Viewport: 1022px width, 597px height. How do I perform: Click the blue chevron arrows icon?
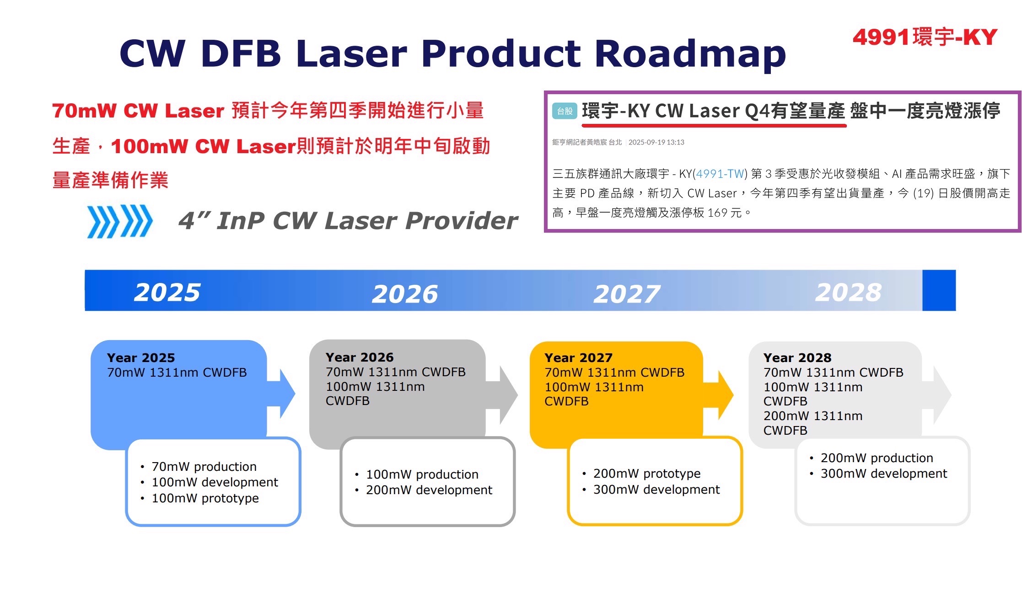pos(120,221)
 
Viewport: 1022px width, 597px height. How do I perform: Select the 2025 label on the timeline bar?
pos(167,292)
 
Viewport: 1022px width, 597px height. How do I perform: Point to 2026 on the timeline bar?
pos(405,293)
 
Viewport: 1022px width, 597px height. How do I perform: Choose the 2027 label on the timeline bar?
pos(627,293)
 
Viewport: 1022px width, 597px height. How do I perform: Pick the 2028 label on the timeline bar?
pos(849,292)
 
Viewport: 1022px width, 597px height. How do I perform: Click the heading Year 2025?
pos(141,357)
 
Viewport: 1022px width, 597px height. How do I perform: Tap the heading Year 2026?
pos(360,357)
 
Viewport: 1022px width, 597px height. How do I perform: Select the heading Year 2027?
pos(578,357)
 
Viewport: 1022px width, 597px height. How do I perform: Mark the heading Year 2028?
pos(797,357)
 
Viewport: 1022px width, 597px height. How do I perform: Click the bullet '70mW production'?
pos(204,467)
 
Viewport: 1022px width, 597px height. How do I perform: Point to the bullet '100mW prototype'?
pos(205,498)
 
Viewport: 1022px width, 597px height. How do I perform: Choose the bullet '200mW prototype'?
pos(647,474)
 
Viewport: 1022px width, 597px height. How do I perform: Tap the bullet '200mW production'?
pos(877,458)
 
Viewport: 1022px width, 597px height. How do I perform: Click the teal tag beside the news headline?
pos(565,111)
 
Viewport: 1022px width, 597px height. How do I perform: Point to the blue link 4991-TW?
pos(720,174)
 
